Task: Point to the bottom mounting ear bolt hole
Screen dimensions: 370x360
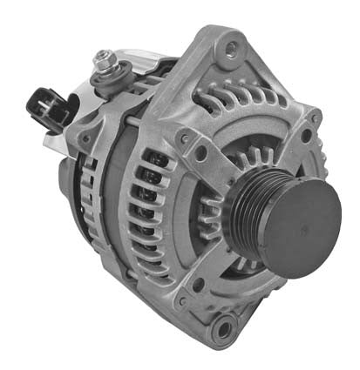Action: pos(225,329)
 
